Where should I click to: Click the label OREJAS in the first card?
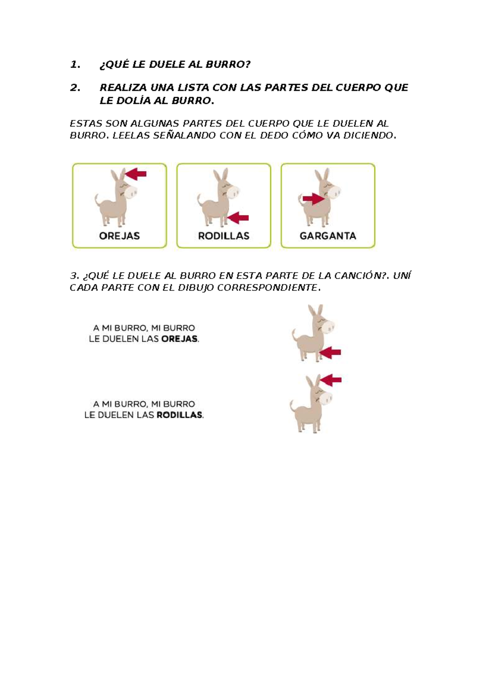pyautogui.click(x=119, y=236)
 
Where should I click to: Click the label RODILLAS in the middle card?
pyautogui.click(x=223, y=236)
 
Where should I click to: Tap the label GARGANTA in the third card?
pyautogui.click(x=328, y=236)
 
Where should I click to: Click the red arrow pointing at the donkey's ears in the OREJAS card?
pyautogui.click(x=136, y=174)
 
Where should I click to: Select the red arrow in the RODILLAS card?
pyautogui.click(x=239, y=218)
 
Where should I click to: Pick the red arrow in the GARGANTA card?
pyautogui.click(x=313, y=199)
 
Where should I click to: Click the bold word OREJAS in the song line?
pyautogui.click(x=179, y=339)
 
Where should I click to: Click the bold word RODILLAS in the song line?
pyautogui.click(x=179, y=415)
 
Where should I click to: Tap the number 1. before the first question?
pyautogui.click(x=75, y=64)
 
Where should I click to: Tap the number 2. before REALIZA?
pyautogui.click(x=75, y=87)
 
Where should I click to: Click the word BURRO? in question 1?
pyautogui.click(x=228, y=64)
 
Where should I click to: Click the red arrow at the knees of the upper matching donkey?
pyautogui.click(x=331, y=352)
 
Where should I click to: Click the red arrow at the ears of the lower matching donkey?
pyautogui.click(x=331, y=380)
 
